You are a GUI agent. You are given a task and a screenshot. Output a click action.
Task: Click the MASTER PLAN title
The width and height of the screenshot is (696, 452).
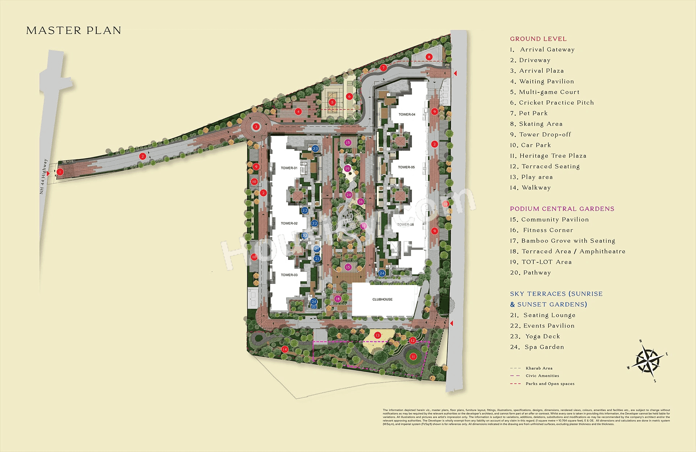pos(74,30)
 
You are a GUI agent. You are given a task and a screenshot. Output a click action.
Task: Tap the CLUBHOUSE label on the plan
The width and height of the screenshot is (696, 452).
pos(382,300)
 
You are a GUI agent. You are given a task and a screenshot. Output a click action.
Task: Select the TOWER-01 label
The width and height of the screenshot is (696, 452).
pos(289,168)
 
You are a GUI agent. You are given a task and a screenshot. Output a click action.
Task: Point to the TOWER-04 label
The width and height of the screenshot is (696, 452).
pos(407,114)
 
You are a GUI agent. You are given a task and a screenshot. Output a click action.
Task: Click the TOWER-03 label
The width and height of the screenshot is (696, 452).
pos(289,275)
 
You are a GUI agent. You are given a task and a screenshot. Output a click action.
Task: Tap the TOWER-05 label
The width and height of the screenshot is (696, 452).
pos(406,167)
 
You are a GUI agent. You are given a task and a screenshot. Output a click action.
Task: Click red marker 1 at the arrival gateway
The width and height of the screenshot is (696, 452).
pos(60,172)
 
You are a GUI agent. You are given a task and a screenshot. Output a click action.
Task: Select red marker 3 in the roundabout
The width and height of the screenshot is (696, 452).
pos(256,126)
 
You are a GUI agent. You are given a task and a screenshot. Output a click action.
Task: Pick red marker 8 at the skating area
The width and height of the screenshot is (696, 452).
pos(429,57)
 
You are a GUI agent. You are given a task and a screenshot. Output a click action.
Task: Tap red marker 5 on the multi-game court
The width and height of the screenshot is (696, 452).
pos(332,102)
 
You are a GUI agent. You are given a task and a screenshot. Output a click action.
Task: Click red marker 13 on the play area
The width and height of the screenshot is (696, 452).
pos(377,335)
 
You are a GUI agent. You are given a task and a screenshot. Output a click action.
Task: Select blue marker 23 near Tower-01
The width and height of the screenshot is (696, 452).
pos(315,148)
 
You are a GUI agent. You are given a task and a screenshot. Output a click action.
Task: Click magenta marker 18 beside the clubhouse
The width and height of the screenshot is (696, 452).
pos(337,299)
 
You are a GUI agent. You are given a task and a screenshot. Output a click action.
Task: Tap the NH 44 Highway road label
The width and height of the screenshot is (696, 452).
pos(43,176)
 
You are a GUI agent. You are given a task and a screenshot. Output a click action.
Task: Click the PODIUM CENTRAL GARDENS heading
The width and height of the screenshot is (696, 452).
pos(562,209)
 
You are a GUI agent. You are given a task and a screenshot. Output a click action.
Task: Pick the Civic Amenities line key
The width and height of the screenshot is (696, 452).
pos(542,376)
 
